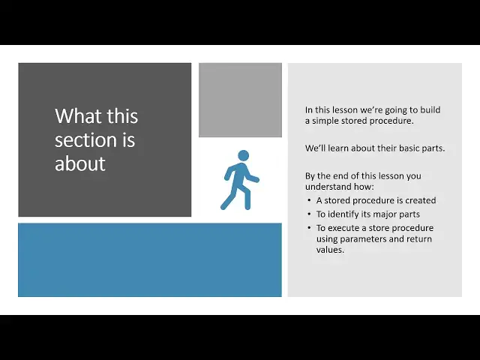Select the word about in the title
click(x=80, y=163)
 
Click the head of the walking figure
click(x=242, y=155)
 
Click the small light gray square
click(x=240, y=100)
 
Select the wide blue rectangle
click(x=150, y=259)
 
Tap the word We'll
click(x=315, y=148)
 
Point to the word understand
click(x=327, y=187)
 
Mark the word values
click(x=329, y=250)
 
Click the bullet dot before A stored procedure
click(x=310, y=201)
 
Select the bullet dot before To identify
click(x=310, y=214)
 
